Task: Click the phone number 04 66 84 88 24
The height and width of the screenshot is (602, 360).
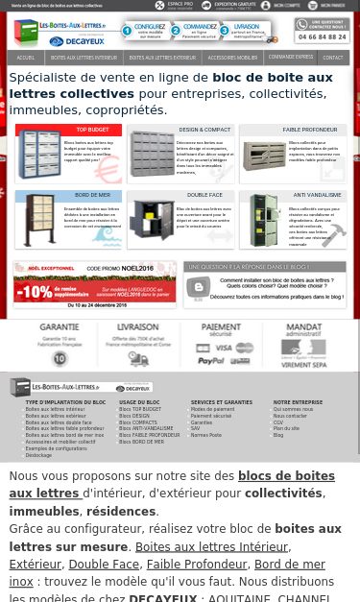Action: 323,36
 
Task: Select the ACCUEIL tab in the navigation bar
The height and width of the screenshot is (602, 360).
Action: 26,58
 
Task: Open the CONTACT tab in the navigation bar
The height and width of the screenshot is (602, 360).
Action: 332,58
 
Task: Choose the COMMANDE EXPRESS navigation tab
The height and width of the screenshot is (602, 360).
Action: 291,58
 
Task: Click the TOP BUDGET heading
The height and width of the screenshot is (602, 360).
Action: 92,130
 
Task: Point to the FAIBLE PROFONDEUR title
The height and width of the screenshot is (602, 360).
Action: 311,130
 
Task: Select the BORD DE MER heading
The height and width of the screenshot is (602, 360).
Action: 91,196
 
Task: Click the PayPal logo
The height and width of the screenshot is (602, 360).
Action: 210,360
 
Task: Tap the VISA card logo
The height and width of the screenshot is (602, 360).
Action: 223,348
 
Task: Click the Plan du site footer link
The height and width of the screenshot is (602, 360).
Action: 285,428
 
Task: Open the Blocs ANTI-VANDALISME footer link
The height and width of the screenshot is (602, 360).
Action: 146,428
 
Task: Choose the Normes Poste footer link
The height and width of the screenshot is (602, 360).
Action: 205,435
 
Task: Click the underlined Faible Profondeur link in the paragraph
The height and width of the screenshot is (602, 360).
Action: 183,565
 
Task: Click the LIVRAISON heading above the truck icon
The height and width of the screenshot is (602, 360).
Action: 137,327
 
